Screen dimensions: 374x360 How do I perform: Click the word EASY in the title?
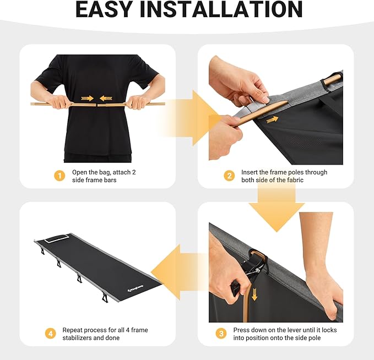coord(104,9)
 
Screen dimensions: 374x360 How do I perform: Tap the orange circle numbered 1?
coord(59,176)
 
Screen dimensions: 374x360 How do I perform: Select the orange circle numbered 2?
coord(229,176)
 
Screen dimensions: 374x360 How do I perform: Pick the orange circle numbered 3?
coord(221,333)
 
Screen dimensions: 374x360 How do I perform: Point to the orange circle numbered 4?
coord(51,333)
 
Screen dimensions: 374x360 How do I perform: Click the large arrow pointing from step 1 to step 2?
coord(191,118)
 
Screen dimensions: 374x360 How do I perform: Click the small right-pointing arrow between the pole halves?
coord(87,98)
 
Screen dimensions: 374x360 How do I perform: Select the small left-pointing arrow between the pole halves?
coord(106,98)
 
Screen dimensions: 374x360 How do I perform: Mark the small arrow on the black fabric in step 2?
coord(273,119)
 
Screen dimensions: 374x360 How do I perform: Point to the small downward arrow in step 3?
coord(254,294)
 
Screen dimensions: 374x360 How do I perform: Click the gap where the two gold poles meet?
coord(96,105)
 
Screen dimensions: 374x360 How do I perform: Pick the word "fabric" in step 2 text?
coord(295,180)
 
